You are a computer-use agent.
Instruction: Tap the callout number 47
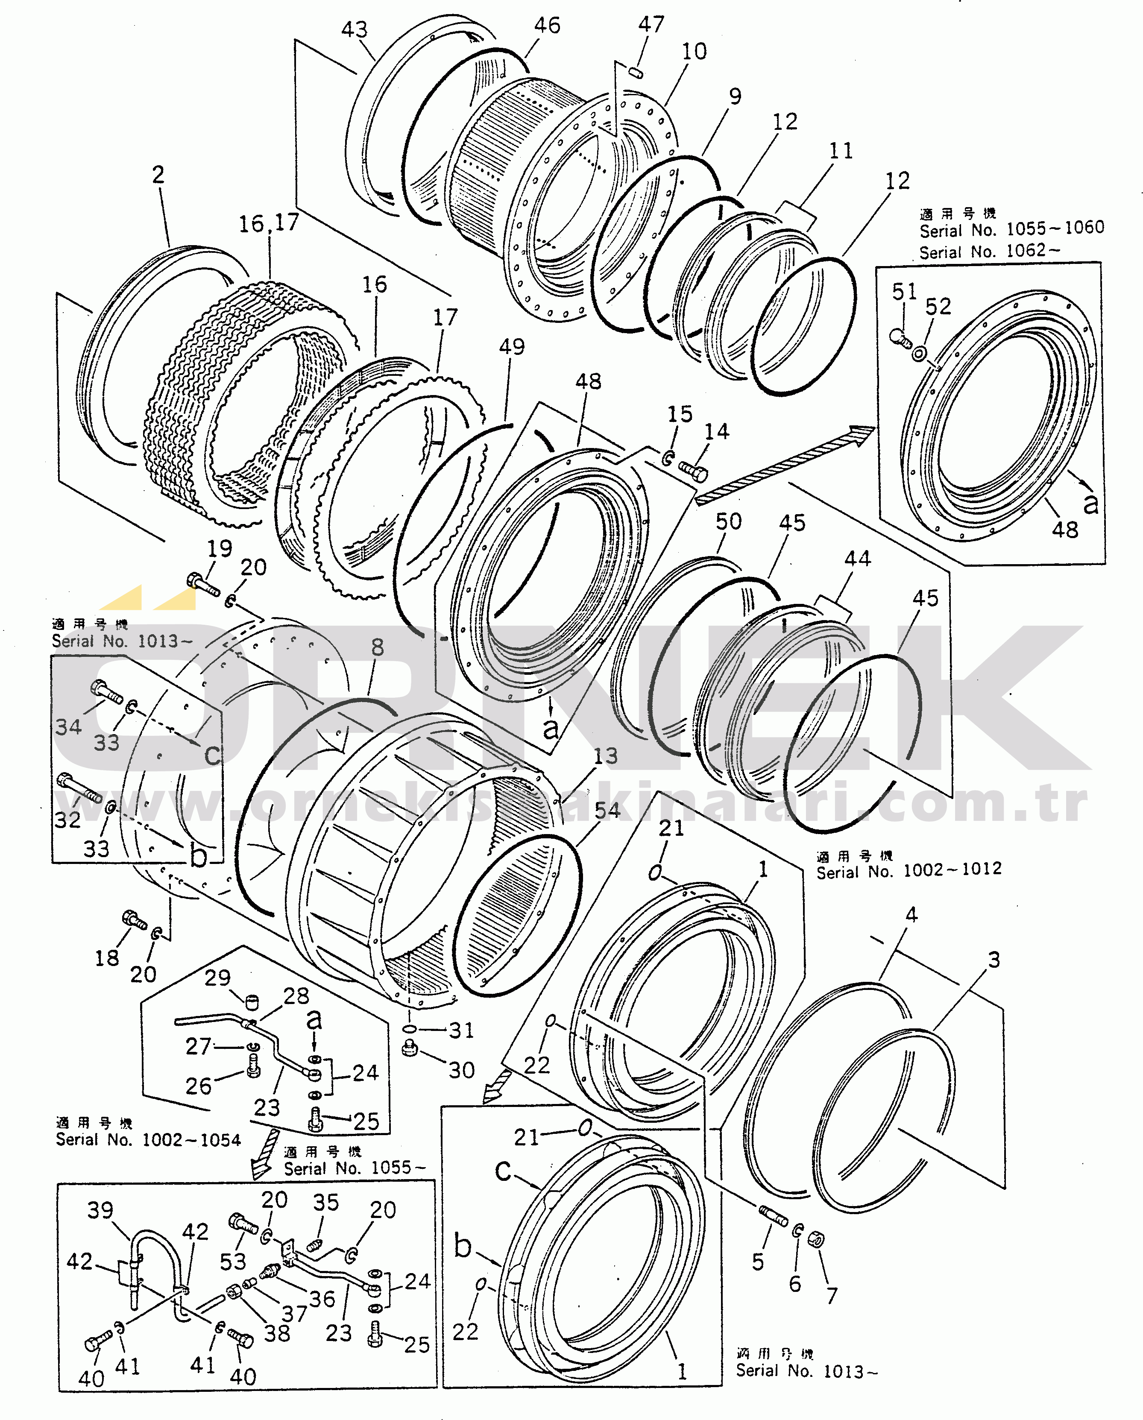click(x=651, y=24)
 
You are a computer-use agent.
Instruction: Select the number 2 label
click(x=158, y=175)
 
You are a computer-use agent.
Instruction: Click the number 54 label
click(x=607, y=810)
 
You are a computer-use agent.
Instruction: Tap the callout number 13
click(x=605, y=755)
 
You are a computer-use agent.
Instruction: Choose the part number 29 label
click(x=217, y=978)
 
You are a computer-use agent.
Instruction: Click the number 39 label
click(x=100, y=1210)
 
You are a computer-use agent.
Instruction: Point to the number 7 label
click(x=832, y=1296)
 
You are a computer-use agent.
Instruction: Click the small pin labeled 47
click(x=636, y=71)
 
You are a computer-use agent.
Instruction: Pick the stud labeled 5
click(x=773, y=1216)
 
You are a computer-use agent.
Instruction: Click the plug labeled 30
click(x=410, y=1048)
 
